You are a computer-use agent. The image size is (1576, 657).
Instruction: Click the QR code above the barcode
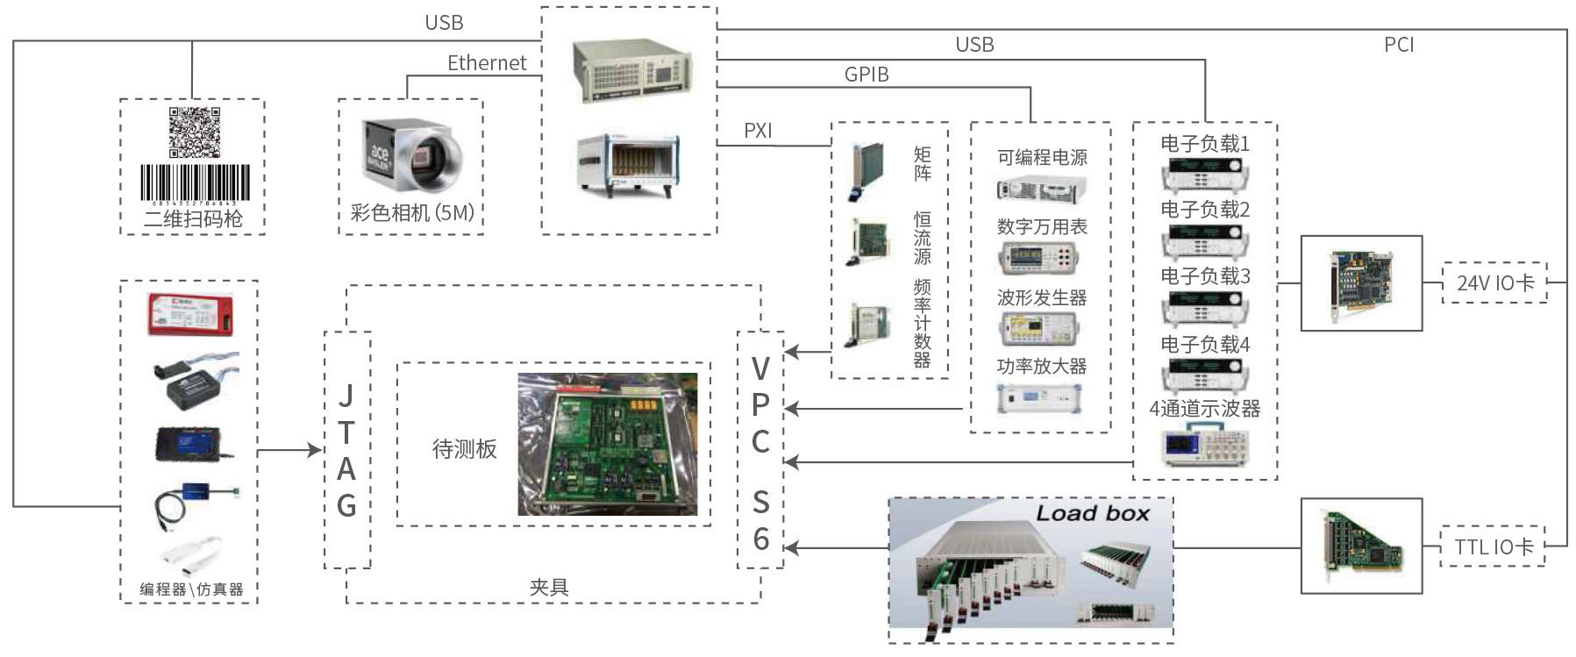coord(194,132)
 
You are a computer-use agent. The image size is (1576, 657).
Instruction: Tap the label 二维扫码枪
coord(193,218)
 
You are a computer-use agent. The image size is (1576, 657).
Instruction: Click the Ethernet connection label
coord(487,63)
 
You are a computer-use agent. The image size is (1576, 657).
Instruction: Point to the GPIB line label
coord(866,75)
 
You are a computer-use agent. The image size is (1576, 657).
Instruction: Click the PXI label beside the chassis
coord(758,131)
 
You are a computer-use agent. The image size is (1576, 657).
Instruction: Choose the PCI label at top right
coord(1399,45)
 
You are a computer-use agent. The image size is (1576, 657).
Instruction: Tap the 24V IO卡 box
coord(1494,283)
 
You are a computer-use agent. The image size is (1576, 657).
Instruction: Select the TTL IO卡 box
coord(1494,547)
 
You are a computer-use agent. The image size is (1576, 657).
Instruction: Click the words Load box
coord(1092,514)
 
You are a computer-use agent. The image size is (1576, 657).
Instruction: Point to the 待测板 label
coord(464,449)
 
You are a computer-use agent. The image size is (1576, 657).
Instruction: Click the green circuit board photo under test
coord(607,444)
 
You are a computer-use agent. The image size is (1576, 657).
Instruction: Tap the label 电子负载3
coord(1205,276)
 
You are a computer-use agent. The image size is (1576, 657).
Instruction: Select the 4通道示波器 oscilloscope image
coord(1205,445)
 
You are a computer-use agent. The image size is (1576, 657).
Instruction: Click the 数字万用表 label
coord(1042,227)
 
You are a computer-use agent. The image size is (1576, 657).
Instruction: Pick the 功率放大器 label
coord(1042,367)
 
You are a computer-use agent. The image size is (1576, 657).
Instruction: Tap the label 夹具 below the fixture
coord(549,588)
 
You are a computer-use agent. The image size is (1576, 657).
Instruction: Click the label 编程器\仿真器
coord(191,589)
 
